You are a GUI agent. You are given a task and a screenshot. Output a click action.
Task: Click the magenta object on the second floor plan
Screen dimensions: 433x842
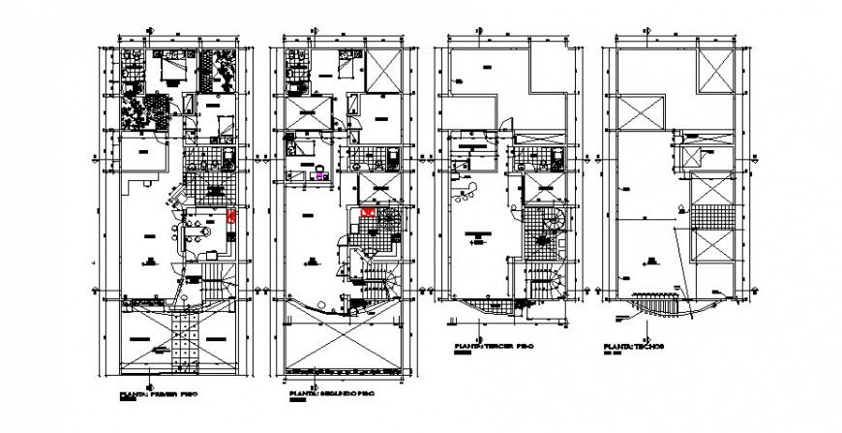pos(318,176)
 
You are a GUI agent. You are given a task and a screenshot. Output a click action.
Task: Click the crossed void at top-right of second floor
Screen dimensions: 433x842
pos(382,70)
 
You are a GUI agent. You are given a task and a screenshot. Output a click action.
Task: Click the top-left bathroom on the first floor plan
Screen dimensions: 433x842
pos(131,68)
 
